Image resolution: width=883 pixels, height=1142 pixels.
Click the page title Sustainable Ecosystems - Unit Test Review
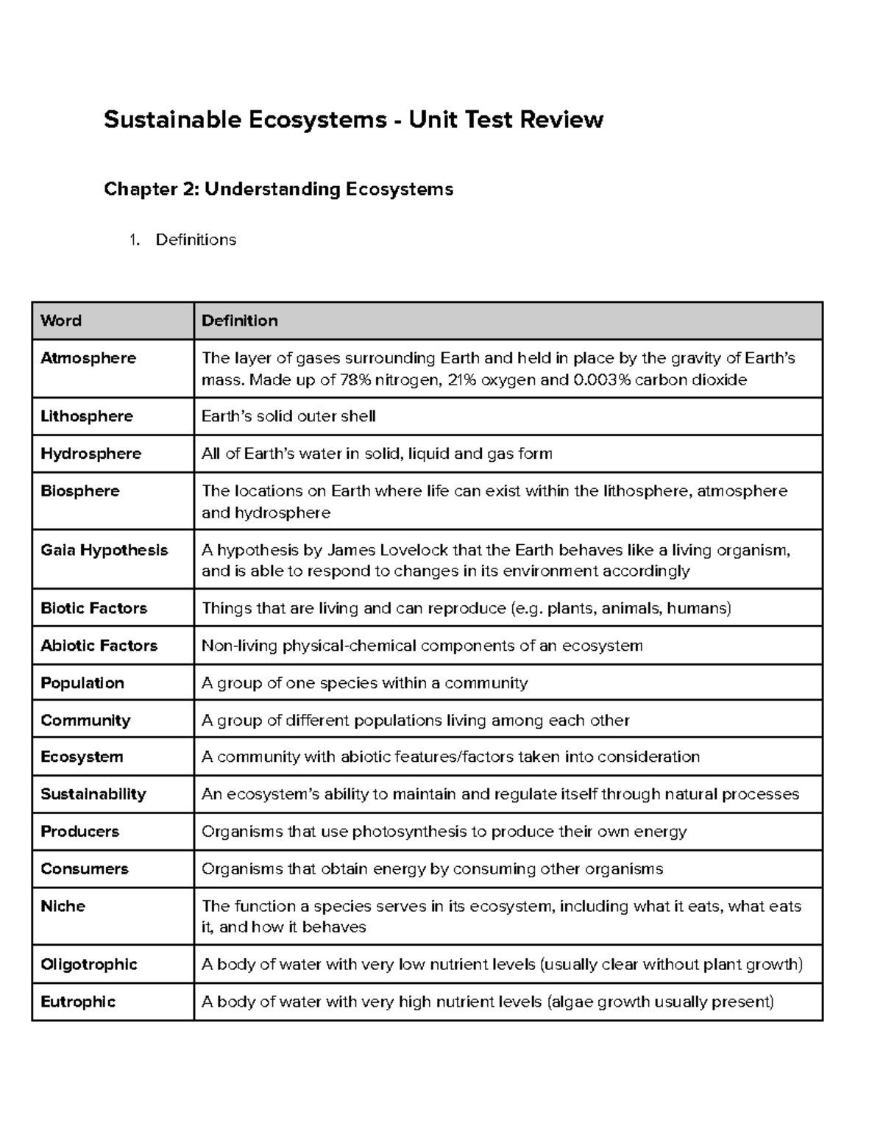tap(353, 119)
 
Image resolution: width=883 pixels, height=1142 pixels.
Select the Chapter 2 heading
tap(278, 189)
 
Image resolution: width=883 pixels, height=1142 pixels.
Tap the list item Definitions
tap(196, 240)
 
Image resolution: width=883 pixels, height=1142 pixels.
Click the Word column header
tap(61, 321)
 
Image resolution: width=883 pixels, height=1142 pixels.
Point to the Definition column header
tap(239, 321)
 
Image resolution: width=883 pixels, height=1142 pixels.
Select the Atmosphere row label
tap(88, 358)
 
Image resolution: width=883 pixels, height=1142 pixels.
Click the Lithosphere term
tap(87, 416)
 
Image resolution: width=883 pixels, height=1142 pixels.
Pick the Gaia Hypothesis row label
tap(104, 550)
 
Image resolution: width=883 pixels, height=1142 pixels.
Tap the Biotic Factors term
tap(93, 608)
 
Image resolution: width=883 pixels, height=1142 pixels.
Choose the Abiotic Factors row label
tap(99, 646)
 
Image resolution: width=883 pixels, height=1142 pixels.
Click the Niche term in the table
tap(63, 906)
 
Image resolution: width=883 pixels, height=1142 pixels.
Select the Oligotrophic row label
tap(89, 964)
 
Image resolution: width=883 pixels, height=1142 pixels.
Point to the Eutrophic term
tap(78, 1002)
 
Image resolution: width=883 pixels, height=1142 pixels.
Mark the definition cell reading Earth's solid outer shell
tap(288, 416)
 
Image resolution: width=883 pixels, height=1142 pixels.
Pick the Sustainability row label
tap(93, 794)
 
